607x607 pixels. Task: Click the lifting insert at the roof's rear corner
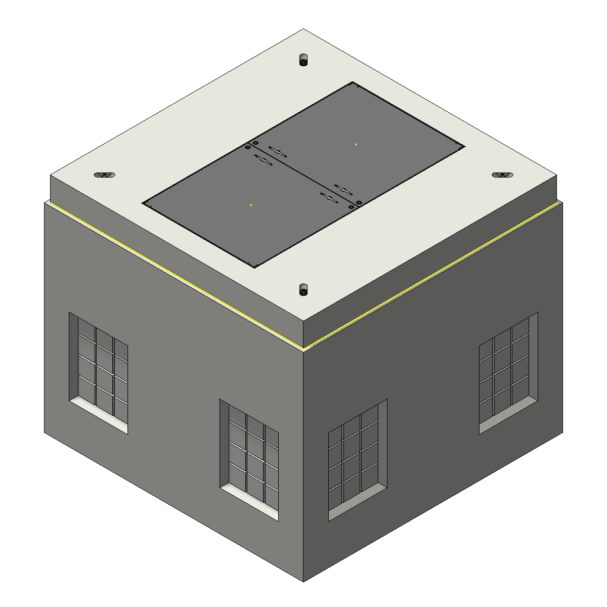click(303, 60)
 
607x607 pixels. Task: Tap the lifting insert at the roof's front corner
click(303, 290)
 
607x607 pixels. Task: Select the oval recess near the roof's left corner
click(105, 175)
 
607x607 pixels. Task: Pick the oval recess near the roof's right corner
click(502, 175)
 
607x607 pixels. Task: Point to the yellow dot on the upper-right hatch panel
click(356, 144)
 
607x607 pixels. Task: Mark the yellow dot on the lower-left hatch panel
click(251, 205)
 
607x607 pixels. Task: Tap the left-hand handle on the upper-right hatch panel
click(278, 151)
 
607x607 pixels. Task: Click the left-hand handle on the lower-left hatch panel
click(263, 160)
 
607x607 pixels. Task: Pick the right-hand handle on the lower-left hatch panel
click(329, 198)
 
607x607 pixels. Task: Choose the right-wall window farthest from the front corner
click(507, 372)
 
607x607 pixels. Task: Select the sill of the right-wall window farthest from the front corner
click(507, 415)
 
